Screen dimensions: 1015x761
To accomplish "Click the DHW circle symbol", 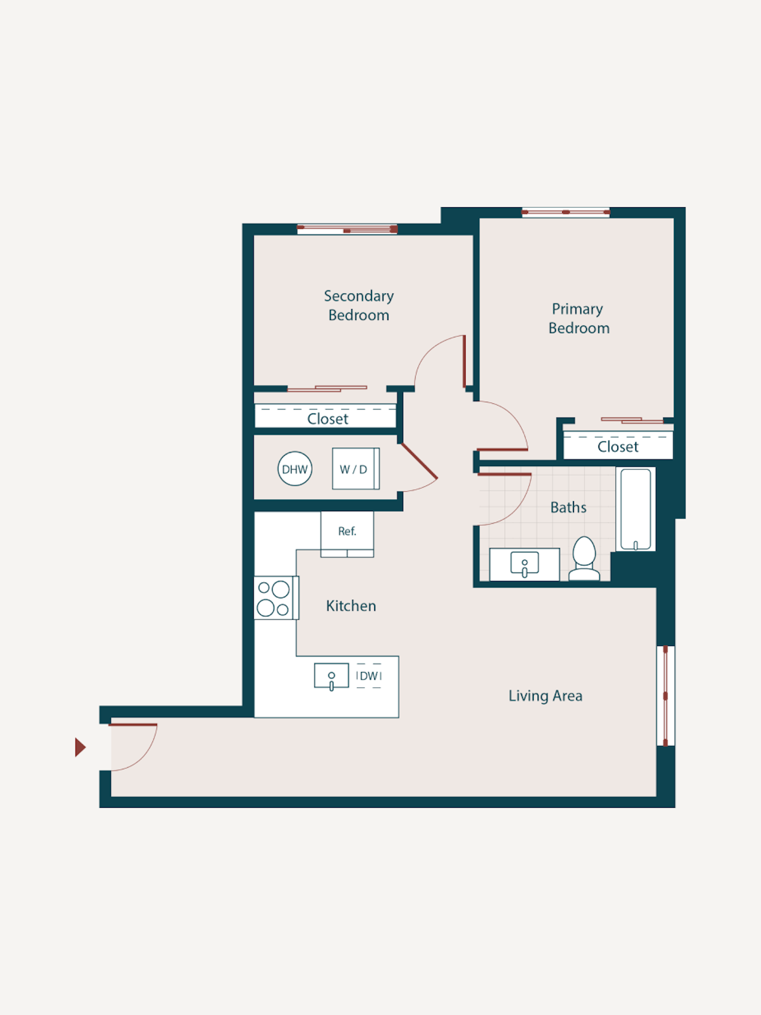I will point(295,469).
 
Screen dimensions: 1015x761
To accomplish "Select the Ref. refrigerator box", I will point(347,531).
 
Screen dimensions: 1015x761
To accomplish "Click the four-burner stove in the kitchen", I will point(275,598).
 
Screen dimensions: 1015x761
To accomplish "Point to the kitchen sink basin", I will point(331,676).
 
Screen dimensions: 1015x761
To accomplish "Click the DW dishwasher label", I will point(369,676).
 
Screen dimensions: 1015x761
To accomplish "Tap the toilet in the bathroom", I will point(584,559).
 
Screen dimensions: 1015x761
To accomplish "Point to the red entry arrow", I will point(80,748).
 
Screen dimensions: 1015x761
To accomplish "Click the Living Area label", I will point(545,696).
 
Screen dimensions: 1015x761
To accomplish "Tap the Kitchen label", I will point(351,606).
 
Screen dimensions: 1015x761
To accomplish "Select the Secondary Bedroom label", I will point(359,306).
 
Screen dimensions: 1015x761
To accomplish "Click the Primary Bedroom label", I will point(578,318).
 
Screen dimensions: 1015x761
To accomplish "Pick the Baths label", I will point(568,508).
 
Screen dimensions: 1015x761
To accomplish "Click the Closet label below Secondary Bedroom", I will point(328,419).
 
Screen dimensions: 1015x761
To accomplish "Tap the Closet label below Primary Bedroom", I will point(618,447).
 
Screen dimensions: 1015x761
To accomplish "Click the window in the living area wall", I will point(665,696).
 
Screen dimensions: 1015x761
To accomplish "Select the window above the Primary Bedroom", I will point(565,213).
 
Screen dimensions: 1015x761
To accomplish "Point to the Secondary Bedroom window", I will point(347,229).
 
